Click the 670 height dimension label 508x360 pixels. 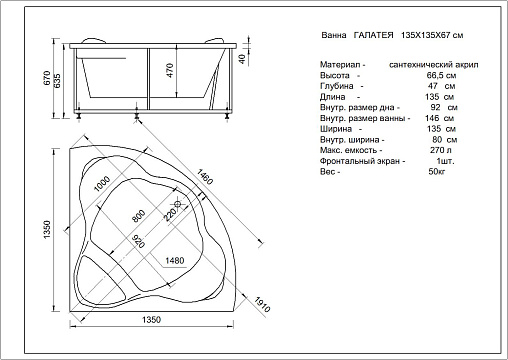click(47, 78)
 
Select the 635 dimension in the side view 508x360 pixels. click(57, 80)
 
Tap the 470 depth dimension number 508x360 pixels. click(170, 71)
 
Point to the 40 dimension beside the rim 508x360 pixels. click(242, 59)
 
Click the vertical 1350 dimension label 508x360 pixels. click(47, 229)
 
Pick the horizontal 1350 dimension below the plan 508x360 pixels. click(151, 320)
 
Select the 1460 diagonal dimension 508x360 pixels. click(205, 177)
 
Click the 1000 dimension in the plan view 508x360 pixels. click(102, 184)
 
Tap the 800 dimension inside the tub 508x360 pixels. click(138, 216)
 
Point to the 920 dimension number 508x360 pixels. click(139, 241)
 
